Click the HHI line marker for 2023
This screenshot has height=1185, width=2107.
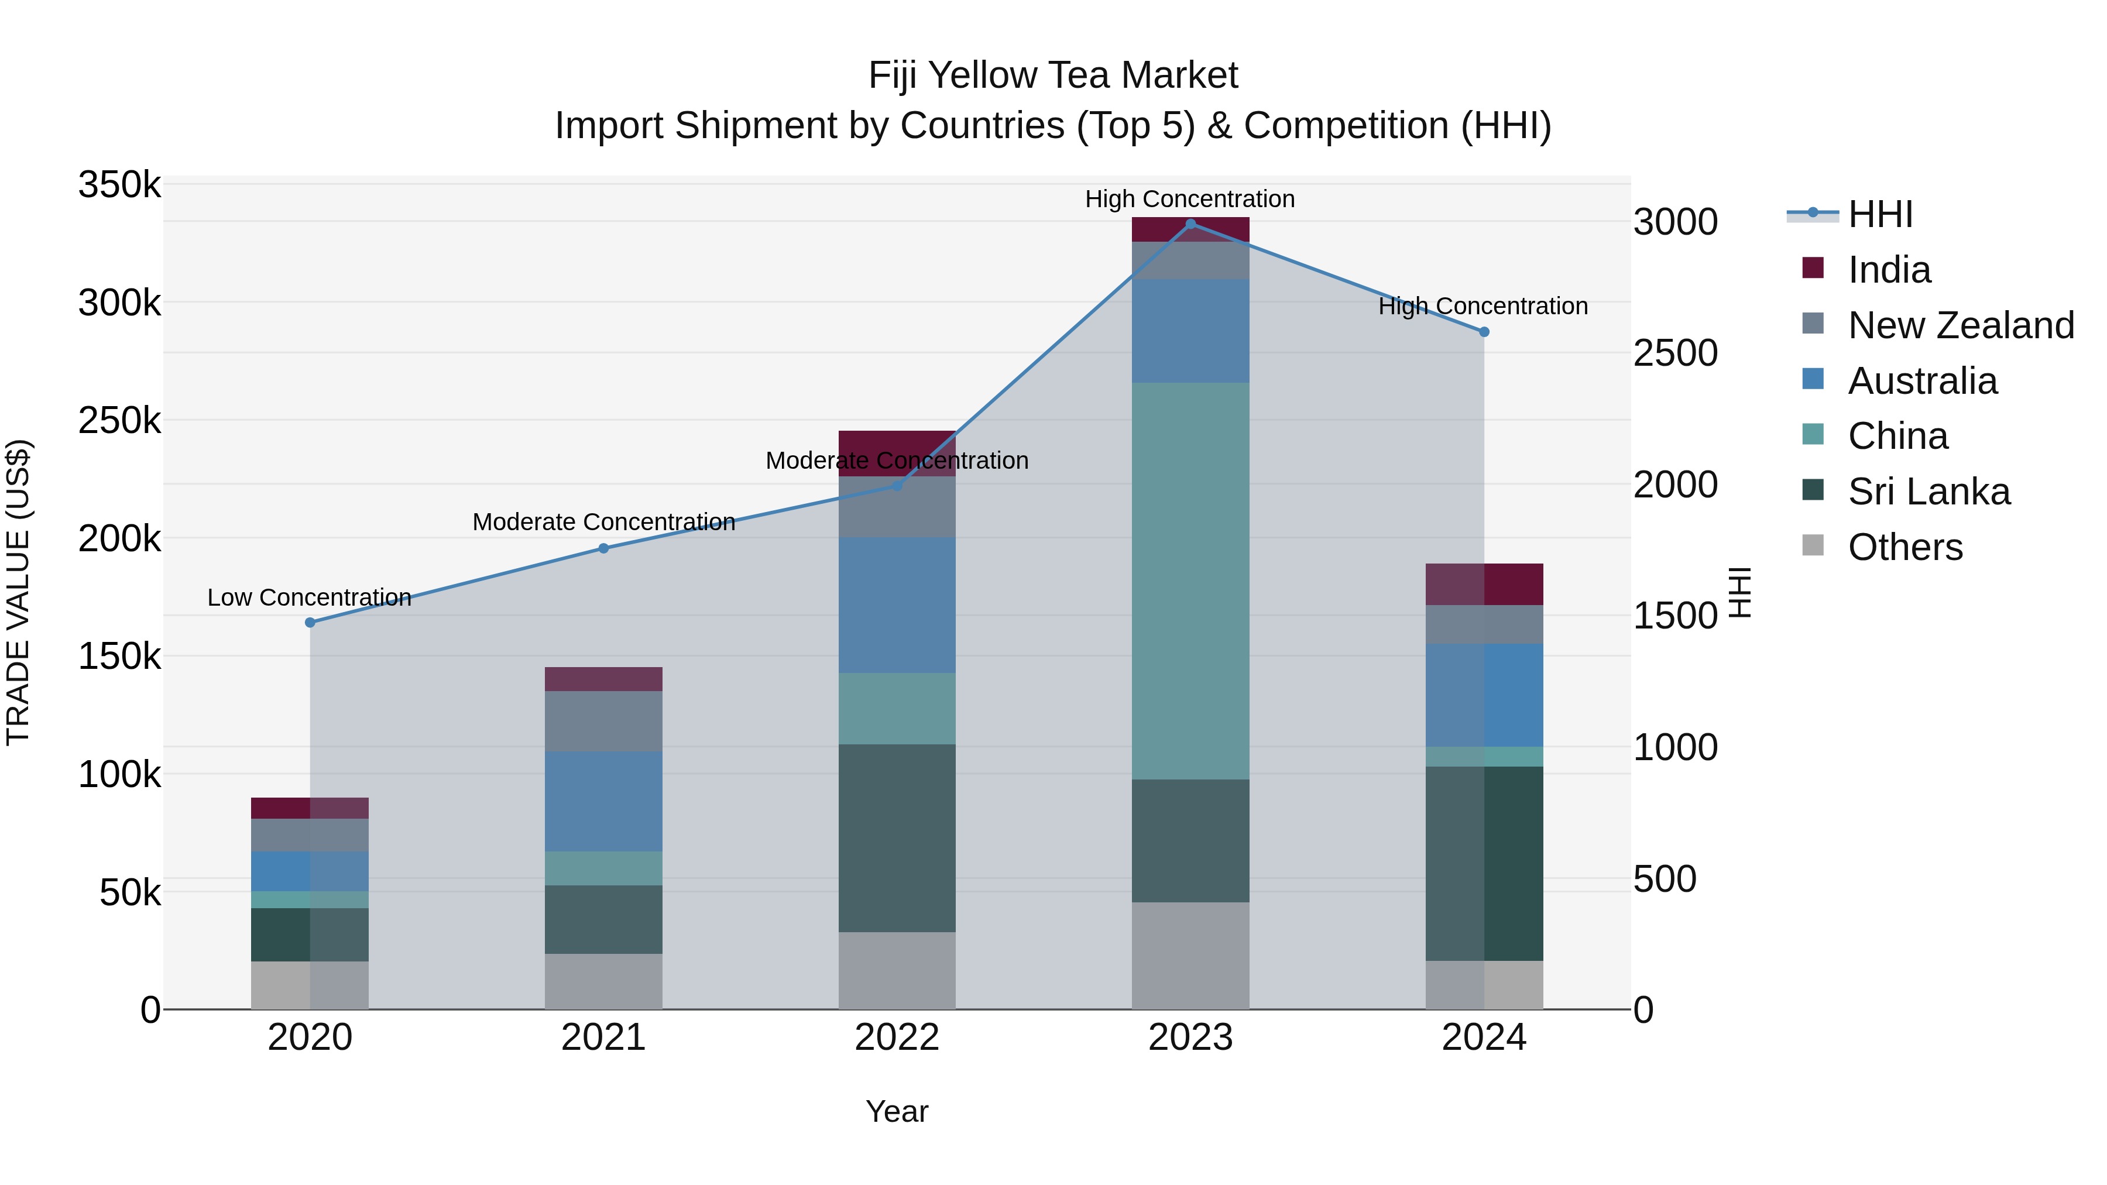pos(1190,224)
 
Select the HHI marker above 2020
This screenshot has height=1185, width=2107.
pos(310,623)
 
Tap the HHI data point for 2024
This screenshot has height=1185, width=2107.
pos(1484,332)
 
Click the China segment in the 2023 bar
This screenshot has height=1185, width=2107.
pos(1190,581)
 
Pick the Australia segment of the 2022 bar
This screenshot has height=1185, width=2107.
pos(897,605)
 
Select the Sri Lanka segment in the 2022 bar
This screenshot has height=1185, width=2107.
pos(897,837)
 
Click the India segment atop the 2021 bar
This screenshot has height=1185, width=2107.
pos(603,679)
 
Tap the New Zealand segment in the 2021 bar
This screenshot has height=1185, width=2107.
pos(603,722)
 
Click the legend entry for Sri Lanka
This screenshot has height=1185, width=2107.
pos(1928,492)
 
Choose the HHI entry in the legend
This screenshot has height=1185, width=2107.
pos(1879,214)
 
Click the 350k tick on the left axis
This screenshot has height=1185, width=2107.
pos(119,186)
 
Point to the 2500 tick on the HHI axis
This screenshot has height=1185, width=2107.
pos(1675,353)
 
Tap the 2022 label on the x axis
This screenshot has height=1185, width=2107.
pos(897,1038)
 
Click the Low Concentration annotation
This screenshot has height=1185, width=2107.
pos(309,598)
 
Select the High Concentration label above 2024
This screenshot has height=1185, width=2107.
pos(1483,306)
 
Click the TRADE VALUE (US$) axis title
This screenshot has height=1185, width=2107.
pos(18,592)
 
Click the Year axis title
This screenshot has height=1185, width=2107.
pos(897,1111)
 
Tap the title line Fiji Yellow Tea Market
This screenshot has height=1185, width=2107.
pos(1053,75)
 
